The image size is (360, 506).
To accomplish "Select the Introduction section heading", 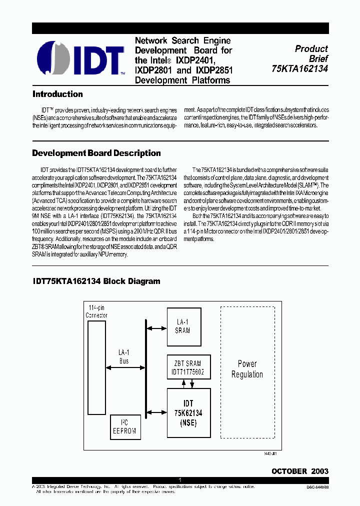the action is coord(57,94).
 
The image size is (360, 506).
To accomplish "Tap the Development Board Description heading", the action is coord(96,153).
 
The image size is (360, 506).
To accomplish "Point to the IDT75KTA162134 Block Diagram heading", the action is coord(96,281).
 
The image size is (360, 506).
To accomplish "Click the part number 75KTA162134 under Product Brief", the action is coord(300,68).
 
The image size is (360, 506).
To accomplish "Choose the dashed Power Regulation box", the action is coord(247,369).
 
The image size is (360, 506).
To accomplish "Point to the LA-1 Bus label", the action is coord(124,356).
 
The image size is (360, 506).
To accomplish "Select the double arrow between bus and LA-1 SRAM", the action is coord(156,328).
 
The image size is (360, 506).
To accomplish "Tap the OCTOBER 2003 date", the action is coord(299,471).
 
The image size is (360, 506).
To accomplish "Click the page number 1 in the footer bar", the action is coord(179,480).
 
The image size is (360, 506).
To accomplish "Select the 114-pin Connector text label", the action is coord(96,311).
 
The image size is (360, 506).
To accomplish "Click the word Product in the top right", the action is coord(311,49).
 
